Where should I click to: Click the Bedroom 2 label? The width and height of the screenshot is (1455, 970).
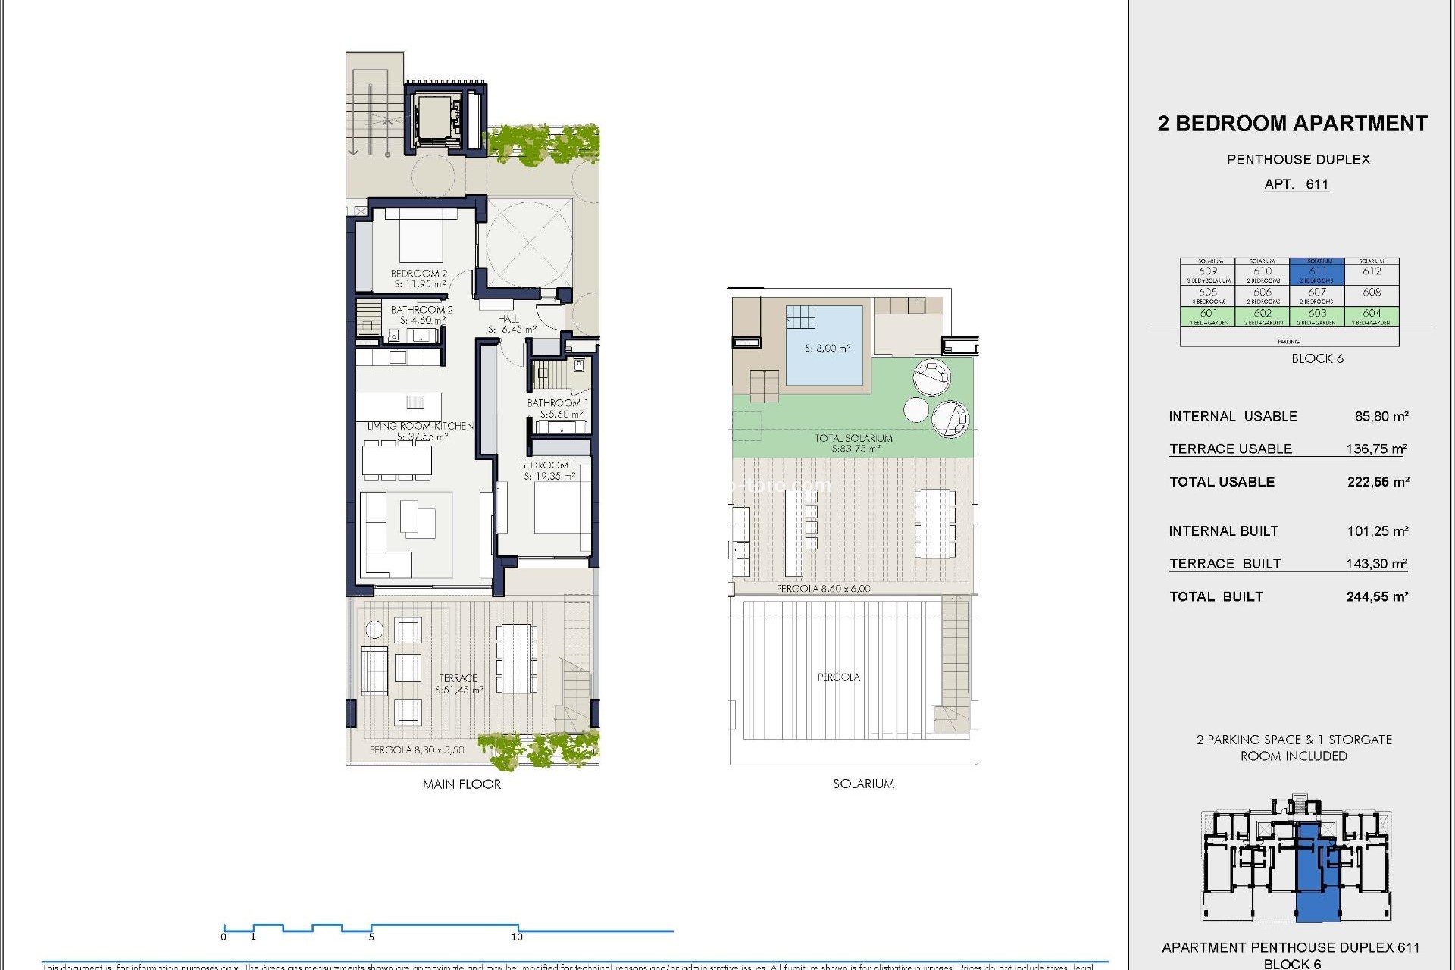[x=418, y=273]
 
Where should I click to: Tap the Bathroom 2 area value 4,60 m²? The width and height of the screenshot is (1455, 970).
[x=422, y=321]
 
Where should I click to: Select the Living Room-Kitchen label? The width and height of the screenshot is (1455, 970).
[x=420, y=426]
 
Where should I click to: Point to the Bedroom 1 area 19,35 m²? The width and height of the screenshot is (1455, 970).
[x=549, y=476]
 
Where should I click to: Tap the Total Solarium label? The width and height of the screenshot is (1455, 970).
[x=853, y=438]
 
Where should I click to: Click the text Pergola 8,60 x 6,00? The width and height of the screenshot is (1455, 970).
[x=823, y=588]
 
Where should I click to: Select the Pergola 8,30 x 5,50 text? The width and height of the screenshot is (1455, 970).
[x=416, y=749]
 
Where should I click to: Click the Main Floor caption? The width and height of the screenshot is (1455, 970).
[x=462, y=784]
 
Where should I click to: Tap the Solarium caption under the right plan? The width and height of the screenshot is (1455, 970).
[x=863, y=784]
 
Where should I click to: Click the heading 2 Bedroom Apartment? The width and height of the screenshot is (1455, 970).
[x=1292, y=124]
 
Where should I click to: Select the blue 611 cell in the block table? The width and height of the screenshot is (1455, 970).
[x=1317, y=272]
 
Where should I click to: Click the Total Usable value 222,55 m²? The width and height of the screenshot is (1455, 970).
[x=1378, y=482]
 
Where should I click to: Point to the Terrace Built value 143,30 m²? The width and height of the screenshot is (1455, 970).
[x=1376, y=563]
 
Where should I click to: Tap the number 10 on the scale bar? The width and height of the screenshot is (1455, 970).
[x=517, y=937]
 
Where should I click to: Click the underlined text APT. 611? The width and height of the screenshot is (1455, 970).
[x=1296, y=184]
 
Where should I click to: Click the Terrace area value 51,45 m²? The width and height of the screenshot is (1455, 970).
[x=458, y=690]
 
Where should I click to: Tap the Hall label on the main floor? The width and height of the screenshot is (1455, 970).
[x=508, y=319]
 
